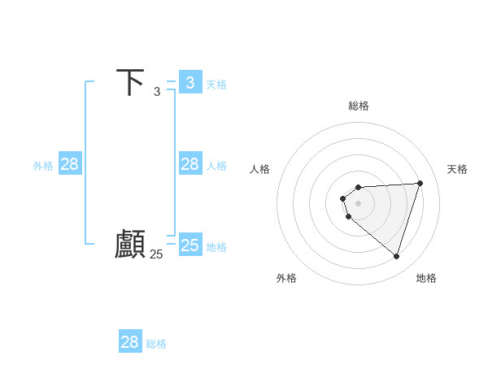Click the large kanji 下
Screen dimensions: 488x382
coord(131,82)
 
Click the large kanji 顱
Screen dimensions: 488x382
coord(130,244)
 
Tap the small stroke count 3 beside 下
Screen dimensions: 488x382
coord(157,92)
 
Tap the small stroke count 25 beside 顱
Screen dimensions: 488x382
coord(156,254)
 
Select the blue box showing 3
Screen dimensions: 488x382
coord(190,82)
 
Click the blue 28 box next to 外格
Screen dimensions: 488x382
coord(70,164)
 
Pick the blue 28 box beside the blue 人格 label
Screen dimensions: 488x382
coord(190,164)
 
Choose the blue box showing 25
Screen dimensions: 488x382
coord(190,245)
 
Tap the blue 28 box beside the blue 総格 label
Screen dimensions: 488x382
coord(130,342)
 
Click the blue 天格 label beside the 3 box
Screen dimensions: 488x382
coord(216,84)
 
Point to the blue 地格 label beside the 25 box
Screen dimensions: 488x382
coord(216,246)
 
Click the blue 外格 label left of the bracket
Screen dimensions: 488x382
coord(43,166)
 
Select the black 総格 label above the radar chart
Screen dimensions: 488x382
coord(358,106)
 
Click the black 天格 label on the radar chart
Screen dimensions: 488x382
coord(458,169)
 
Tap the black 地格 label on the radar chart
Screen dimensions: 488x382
coord(426,278)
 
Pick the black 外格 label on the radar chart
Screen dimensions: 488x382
coord(286,278)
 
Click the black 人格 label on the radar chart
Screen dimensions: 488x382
coord(259,169)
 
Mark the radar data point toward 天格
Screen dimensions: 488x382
coord(420,183)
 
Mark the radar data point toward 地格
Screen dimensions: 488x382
coord(396,256)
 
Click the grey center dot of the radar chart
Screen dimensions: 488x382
coord(358,203)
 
